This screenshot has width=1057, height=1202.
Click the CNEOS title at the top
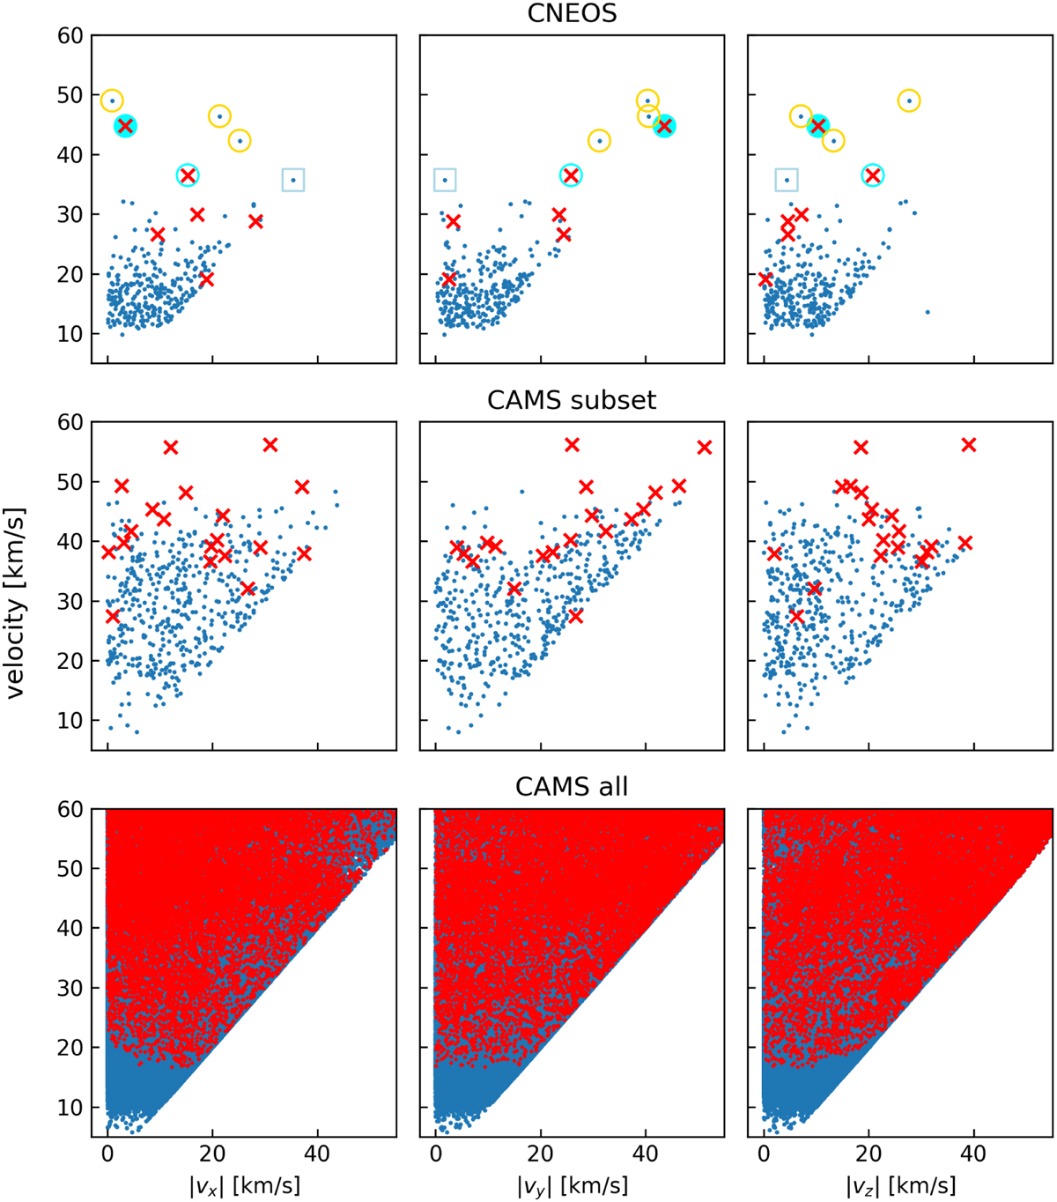(x=572, y=13)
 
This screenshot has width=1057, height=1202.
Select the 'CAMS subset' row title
(x=572, y=400)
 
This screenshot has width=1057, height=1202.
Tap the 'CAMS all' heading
(x=572, y=786)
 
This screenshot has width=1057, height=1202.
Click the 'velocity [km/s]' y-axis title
(x=16, y=604)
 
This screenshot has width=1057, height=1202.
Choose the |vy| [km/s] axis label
(x=572, y=1185)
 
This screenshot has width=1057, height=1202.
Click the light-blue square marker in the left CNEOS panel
(x=293, y=180)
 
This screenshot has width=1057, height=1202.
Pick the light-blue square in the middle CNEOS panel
(x=445, y=180)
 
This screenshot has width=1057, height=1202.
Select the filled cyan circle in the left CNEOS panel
(x=125, y=126)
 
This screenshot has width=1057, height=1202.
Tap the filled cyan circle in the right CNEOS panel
(x=818, y=126)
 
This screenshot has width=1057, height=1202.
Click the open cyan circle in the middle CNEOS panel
(x=571, y=175)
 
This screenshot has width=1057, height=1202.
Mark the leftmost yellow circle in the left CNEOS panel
(x=112, y=100)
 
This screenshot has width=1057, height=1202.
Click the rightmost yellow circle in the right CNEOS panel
(x=909, y=100)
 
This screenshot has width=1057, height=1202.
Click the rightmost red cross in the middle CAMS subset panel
(x=704, y=448)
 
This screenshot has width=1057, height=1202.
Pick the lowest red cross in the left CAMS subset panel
(x=112, y=616)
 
